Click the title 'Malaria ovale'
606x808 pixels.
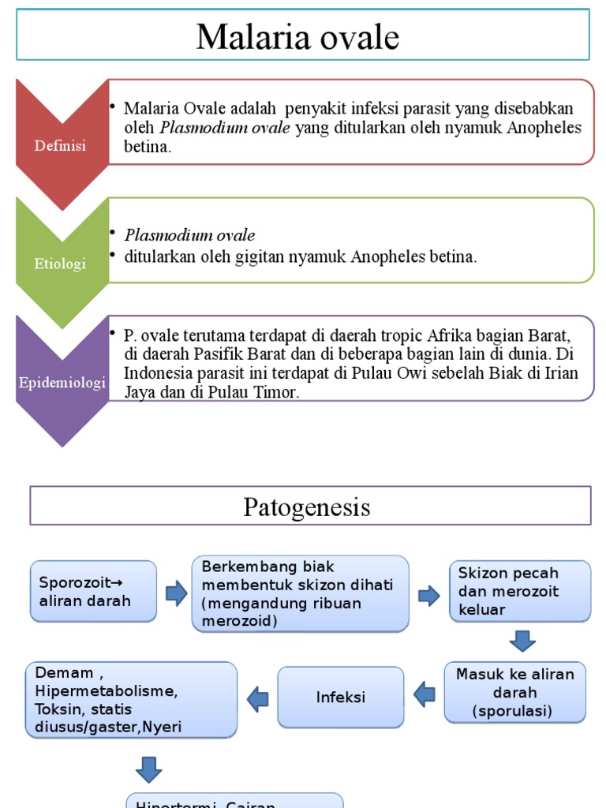pos(297,37)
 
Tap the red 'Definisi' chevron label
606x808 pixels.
pos(61,146)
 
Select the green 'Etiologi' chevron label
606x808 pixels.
pos(61,264)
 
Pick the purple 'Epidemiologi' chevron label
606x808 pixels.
pos(62,383)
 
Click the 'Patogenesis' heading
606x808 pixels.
pos(306,507)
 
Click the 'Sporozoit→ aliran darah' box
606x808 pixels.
pos(92,592)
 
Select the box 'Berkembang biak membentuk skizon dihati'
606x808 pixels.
pos(300,594)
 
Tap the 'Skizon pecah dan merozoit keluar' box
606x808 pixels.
pos(519,591)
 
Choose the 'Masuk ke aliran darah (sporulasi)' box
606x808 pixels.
pos(514,692)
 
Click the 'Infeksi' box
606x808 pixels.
pos(340,698)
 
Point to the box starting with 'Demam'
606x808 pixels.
pos(131,699)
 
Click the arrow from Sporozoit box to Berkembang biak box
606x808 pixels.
pos(176,593)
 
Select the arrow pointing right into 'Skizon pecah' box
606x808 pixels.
pos(429,595)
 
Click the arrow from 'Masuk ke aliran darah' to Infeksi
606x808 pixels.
pos(425,694)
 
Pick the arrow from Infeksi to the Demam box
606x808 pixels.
pos(257,698)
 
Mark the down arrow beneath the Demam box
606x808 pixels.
pos(148,769)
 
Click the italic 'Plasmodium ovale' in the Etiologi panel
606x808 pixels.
pos(189,235)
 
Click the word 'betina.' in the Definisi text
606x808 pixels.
pos(148,147)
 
